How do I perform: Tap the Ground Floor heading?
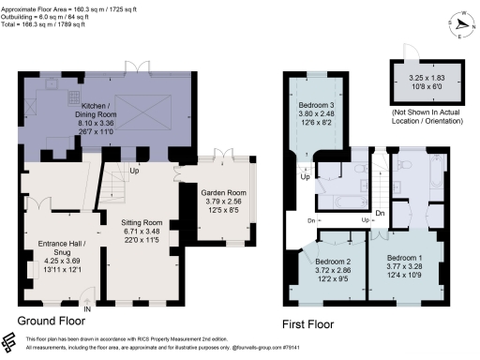coord(59,321)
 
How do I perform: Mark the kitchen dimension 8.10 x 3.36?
coord(98,127)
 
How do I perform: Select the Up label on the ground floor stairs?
coord(134,170)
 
